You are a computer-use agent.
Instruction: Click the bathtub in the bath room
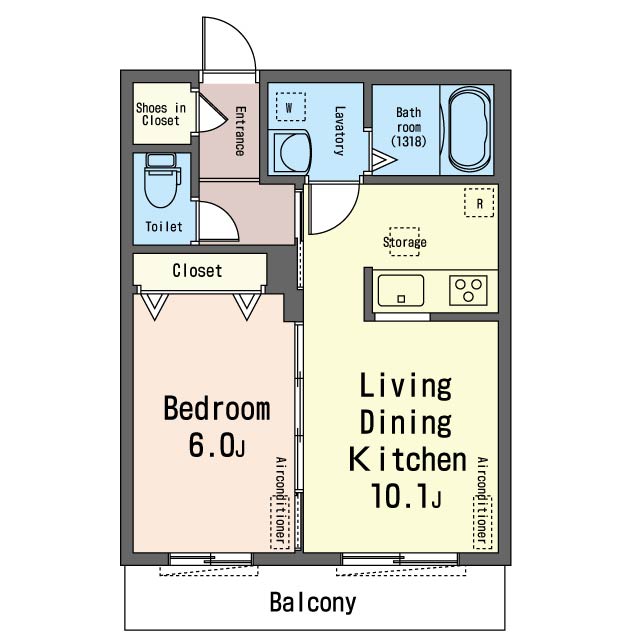(x=468, y=130)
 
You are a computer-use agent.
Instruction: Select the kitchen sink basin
(x=401, y=290)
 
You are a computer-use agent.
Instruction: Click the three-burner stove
(x=468, y=290)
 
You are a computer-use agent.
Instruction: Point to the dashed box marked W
(x=291, y=107)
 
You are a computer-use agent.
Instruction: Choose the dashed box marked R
(x=479, y=202)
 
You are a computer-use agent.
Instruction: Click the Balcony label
(x=313, y=603)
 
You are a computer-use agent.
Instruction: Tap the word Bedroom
(x=217, y=408)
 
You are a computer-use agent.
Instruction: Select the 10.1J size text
(x=406, y=496)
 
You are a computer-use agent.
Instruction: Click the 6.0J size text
(x=217, y=445)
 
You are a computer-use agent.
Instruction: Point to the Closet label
(x=197, y=271)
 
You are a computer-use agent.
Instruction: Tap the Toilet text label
(x=164, y=227)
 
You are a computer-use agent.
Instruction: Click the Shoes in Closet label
(x=161, y=114)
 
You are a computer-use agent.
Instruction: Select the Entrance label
(x=240, y=131)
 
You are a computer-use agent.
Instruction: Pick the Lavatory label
(x=340, y=131)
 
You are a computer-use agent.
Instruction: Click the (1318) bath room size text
(x=409, y=141)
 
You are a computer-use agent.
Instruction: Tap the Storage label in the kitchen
(x=404, y=242)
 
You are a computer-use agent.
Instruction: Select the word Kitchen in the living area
(x=408, y=459)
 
